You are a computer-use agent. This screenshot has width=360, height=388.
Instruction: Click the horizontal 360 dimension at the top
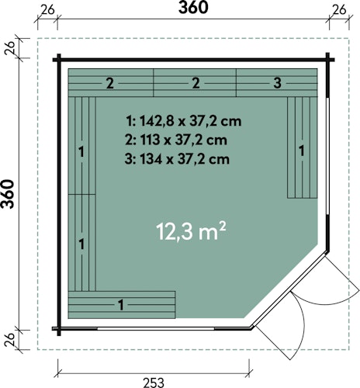(x=193, y=10)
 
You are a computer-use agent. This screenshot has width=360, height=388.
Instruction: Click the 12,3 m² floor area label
(x=195, y=230)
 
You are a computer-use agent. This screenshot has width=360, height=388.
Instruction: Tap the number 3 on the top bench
(x=277, y=82)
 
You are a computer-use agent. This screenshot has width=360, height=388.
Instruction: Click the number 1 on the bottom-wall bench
(x=121, y=304)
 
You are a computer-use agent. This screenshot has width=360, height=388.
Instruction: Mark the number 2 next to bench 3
(x=196, y=82)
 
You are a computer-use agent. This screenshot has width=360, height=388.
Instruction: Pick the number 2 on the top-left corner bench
(x=110, y=82)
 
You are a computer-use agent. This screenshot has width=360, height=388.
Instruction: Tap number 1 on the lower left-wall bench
(x=81, y=244)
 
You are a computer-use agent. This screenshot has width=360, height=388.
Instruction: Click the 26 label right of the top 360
(x=339, y=10)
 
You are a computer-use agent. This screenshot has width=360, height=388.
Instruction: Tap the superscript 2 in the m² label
(x=223, y=224)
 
